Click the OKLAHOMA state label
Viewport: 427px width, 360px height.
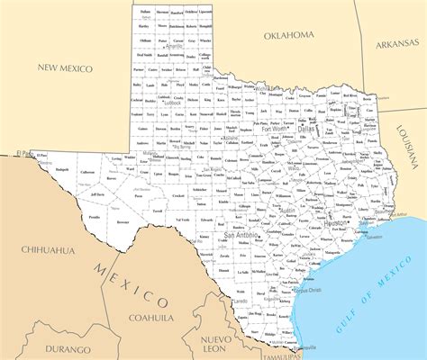click(288, 35)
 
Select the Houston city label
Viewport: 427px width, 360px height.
click(335, 221)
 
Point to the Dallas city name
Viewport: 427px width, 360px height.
click(307, 129)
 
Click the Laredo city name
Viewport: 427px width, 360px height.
click(241, 301)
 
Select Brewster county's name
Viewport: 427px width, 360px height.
click(123, 220)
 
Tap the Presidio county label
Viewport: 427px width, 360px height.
click(94, 216)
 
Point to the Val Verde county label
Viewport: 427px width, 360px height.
click(183, 220)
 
